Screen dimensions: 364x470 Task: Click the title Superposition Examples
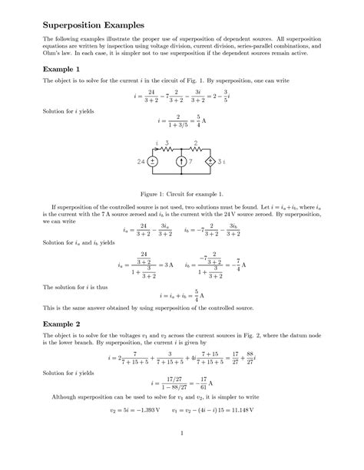coord(84,25)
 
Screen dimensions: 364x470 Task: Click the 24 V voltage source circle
coord(153,161)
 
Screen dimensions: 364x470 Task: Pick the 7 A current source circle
coord(181,161)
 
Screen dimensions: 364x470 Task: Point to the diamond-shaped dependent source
coord(210,161)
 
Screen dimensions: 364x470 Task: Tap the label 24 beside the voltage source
coord(141,162)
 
